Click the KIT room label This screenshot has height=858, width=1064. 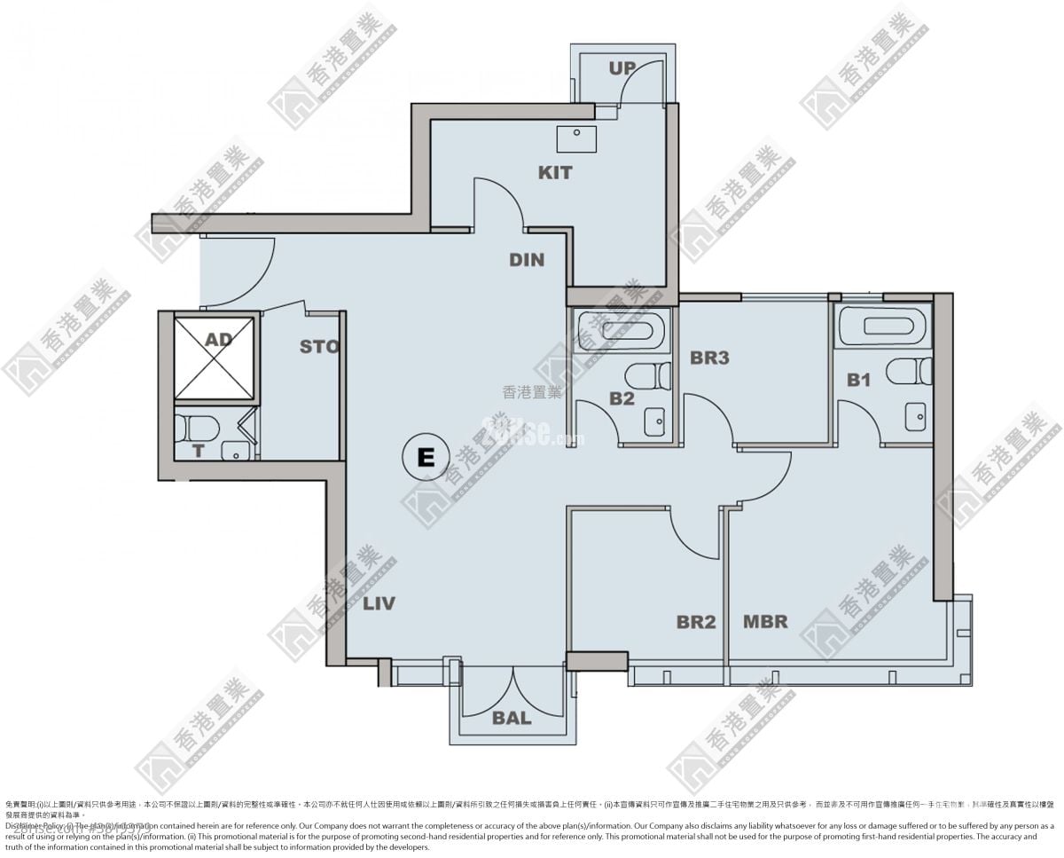point(555,172)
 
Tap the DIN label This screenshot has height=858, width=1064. point(527,260)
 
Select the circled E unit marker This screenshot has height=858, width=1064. point(426,457)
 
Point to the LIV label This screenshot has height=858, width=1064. point(379,603)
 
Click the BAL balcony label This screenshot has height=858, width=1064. point(512,718)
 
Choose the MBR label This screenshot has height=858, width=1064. point(765,621)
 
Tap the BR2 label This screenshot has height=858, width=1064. point(696,622)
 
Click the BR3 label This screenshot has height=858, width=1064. point(709,358)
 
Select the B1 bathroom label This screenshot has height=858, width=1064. point(858,380)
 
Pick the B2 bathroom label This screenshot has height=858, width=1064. point(622,398)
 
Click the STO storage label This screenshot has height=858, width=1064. point(319,346)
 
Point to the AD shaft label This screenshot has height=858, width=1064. point(218,340)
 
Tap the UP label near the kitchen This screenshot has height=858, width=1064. point(622,68)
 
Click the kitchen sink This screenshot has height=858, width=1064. point(575,137)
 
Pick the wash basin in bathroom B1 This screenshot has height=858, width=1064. point(916,414)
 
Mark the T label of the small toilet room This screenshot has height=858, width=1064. point(199,451)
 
